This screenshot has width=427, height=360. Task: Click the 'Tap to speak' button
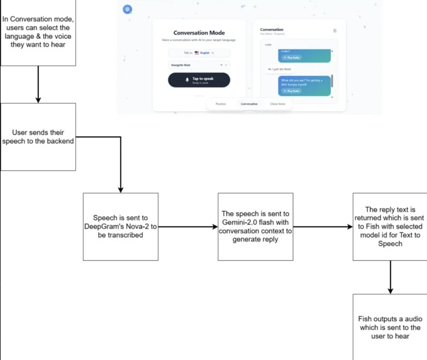pyautogui.click(x=199, y=80)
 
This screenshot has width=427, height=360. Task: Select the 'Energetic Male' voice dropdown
pyautogui.click(x=199, y=65)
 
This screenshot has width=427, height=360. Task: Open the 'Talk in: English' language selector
pyautogui.click(x=199, y=53)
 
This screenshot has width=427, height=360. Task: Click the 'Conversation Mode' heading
pyautogui.click(x=199, y=33)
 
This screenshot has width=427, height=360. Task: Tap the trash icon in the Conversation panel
pyautogui.click(x=335, y=31)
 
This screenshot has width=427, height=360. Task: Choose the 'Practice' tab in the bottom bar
pyautogui.click(x=221, y=104)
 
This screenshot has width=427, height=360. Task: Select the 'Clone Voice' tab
pyautogui.click(x=277, y=104)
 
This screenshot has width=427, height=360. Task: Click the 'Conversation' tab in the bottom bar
pyautogui.click(x=249, y=104)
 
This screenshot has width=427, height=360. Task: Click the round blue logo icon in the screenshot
pyautogui.click(x=128, y=9)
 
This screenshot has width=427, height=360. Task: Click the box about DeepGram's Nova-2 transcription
pyautogui.click(x=121, y=226)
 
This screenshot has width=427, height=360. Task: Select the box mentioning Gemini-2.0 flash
pyautogui.click(x=256, y=226)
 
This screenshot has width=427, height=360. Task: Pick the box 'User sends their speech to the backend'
pyautogui.click(x=38, y=137)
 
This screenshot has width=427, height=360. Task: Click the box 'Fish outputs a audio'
pyautogui.click(x=390, y=327)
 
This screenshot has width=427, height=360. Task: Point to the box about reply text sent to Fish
pyautogui.click(x=390, y=226)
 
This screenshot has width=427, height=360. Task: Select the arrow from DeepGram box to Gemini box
pyautogui.click(x=188, y=226)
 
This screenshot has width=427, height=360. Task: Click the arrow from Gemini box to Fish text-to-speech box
pyautogui.click(x=323, y=226)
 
